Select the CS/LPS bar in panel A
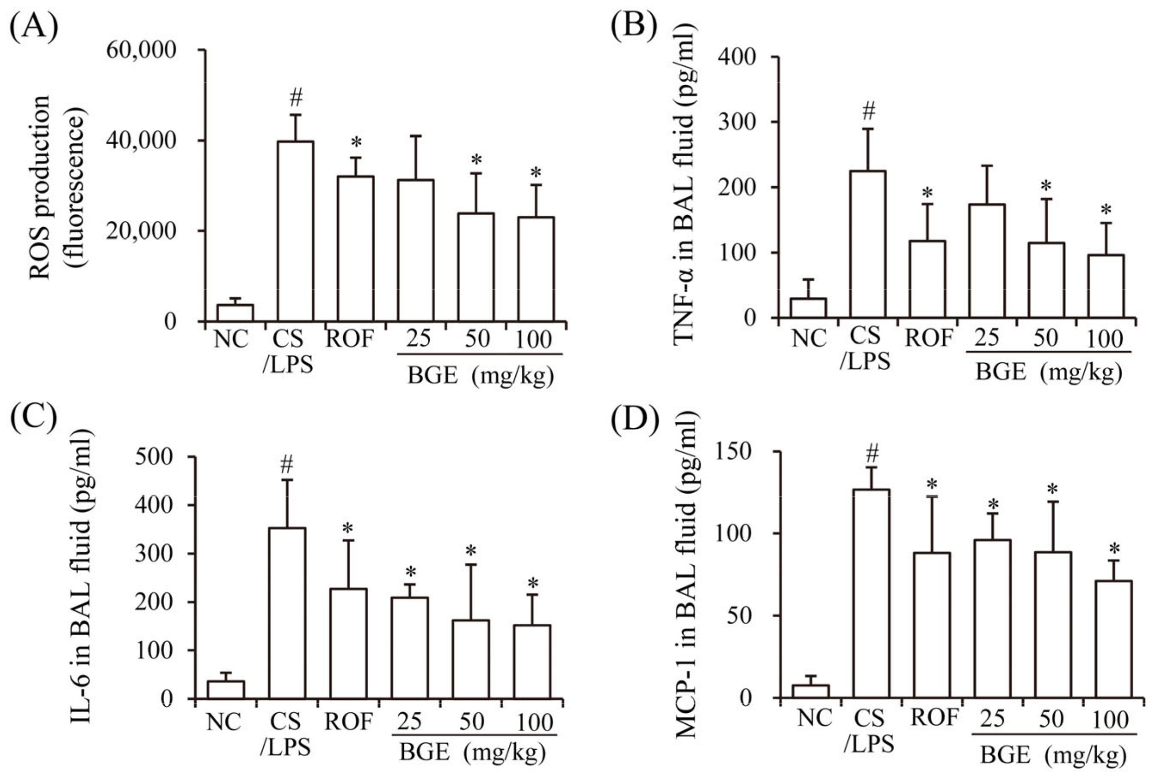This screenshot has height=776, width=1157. [295, 231]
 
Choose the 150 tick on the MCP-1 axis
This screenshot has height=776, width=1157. [734, 452]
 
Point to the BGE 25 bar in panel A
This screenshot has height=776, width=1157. [416, 250]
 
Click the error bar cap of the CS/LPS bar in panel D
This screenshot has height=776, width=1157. [871, 467]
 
